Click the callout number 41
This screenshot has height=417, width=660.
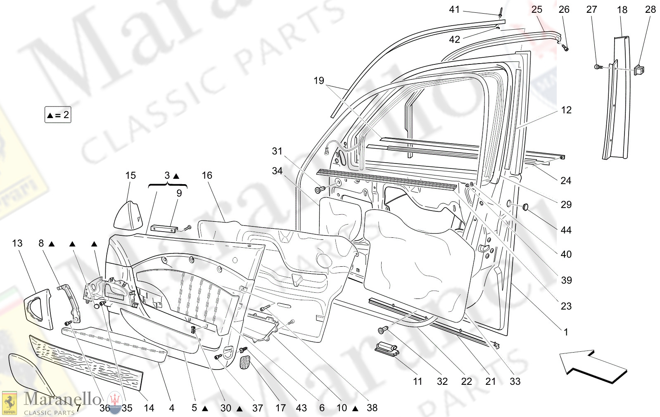(454, 9)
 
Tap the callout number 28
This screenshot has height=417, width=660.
(650, 9)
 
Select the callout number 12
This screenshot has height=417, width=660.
(566, 110)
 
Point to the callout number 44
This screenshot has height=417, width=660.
(566, 230)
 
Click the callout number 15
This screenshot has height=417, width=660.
(131, 175)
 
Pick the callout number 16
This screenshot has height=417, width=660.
(207, 175)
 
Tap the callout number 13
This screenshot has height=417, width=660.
(17, 243)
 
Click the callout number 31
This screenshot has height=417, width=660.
(277, 151)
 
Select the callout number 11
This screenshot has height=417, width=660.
(418, 381)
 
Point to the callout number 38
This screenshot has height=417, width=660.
(372, 408)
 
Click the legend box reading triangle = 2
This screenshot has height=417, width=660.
(58, 115)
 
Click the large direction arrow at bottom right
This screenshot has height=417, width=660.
(593, 366)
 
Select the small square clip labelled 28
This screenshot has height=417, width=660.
(640, 70)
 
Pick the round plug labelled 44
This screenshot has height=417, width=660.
(526, 206)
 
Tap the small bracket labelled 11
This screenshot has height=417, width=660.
(387, 348)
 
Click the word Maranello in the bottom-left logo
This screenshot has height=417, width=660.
(62, 399)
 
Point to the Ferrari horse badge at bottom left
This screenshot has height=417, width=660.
(9, 403)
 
